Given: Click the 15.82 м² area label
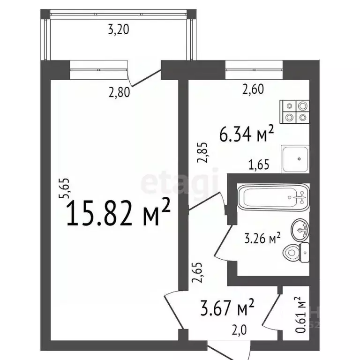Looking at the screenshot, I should pyautogui.click(x=119, y=213).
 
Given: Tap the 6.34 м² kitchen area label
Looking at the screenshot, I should pyautogui.click(x=247, y=135).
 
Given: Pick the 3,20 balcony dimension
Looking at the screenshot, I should pyautogui.click(x=118, y=30).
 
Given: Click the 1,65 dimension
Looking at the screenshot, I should pyautogui.click(x=259, y=165).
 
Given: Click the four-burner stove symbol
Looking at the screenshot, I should pyautogui.click(x=295, y=112).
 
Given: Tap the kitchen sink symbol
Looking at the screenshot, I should pyautogui.click(x=295, y=158).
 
